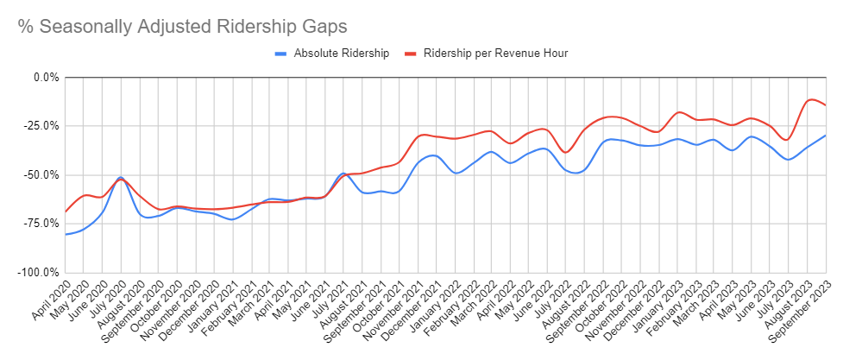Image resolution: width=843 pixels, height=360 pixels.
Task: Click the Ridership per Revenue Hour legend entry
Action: pos(495,54)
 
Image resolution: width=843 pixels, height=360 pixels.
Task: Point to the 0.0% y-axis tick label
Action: pos(43,78)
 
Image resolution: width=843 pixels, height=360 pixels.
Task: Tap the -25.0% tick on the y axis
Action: pos(41,126)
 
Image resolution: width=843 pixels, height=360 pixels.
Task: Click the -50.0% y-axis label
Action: pos(41,175)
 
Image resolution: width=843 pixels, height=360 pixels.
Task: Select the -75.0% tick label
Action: pos(41,224)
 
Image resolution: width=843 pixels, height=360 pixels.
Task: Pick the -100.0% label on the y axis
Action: pos(38,273)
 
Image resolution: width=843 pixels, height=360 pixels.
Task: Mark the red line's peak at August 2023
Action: pos(810,99)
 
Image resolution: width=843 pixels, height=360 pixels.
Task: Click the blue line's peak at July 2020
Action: pos(121,177)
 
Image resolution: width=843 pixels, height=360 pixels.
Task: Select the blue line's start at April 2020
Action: pos(66,235)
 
